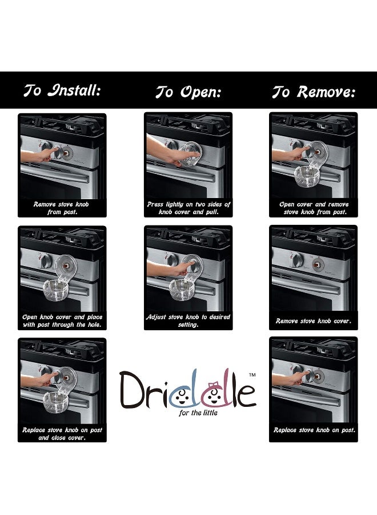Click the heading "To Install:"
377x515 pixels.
62,90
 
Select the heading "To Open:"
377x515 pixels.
188,92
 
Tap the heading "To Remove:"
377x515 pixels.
314,92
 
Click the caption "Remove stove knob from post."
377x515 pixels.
62,208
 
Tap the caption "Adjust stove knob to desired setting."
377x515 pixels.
188,320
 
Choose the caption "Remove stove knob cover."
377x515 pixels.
314,321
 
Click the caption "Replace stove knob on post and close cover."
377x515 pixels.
62,433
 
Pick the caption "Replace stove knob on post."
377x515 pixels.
314,430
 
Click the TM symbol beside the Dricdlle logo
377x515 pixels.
252,374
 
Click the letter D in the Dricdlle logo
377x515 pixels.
133,390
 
